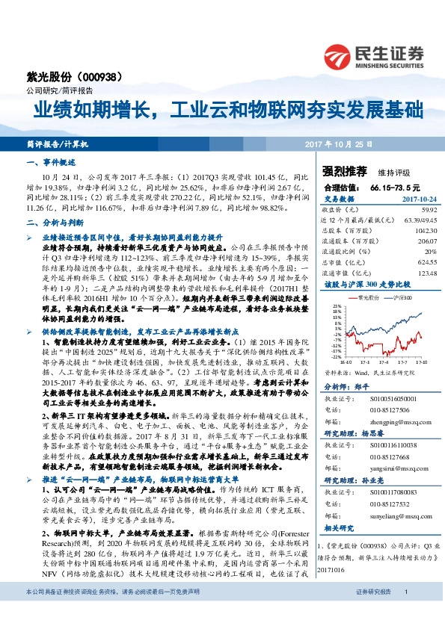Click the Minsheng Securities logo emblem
[x=339, y=55]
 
